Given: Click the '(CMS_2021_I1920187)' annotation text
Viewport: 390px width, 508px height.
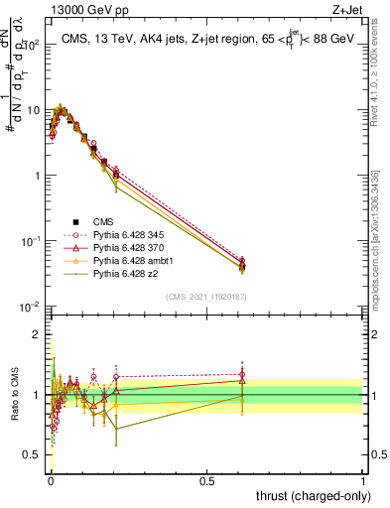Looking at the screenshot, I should [x=205, y=298].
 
